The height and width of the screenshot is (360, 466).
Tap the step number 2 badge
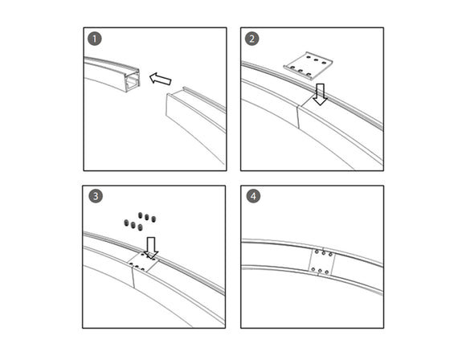[251, 39]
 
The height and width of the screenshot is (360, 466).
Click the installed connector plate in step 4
[323, 262]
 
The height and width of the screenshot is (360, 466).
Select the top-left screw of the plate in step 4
[317, 252]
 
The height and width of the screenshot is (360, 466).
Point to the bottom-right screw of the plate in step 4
[330, 272]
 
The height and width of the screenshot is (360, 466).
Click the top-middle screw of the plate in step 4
[324, 252]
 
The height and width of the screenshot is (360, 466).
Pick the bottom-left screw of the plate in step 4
[317, 272]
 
